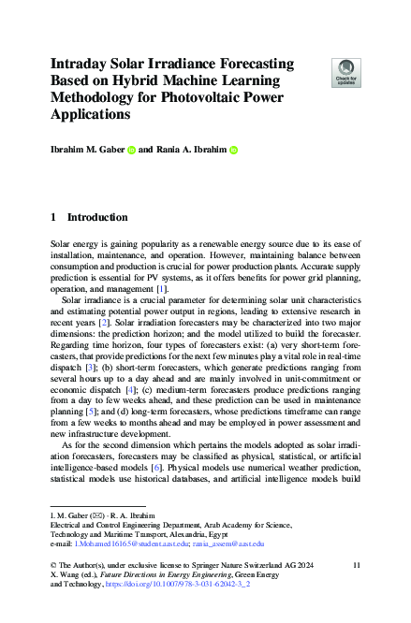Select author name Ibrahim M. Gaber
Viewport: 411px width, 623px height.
coord(85,149)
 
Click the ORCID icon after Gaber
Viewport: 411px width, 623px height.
coord(131,149)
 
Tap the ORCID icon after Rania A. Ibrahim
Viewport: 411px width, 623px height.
coord(233,149)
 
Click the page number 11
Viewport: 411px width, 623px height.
coord(357,566)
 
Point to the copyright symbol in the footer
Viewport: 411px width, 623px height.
coord(52,566)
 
